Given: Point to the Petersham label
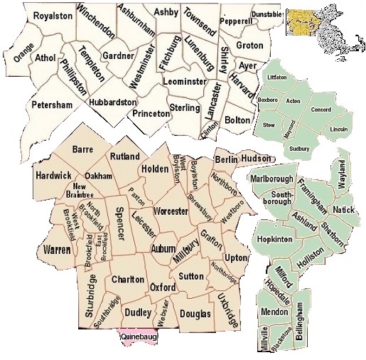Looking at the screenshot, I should click(x=52, y=105).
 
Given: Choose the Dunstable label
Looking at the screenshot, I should click(x=267, y=14).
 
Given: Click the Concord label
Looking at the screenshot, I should click(x=321, y=110).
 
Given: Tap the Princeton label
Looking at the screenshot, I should click(x=151, y=112).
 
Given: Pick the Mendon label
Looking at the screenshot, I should click(x=274, y=311).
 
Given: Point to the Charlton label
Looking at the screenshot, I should click(x=128, y=280).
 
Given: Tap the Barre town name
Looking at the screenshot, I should click(x=83, y=149).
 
